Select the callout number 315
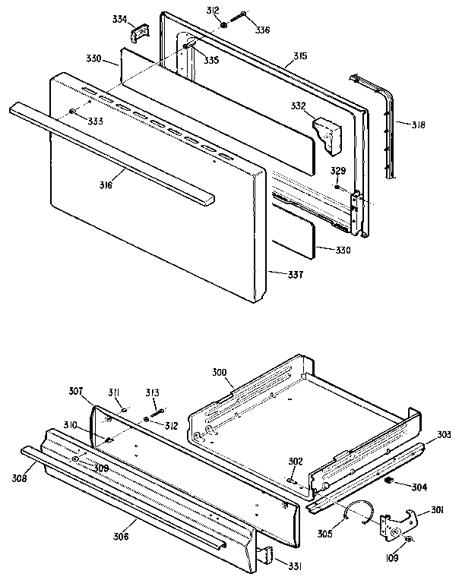(301, 56)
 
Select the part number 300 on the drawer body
(219, 373)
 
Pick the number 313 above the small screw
(153, 392)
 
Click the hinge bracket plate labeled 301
(395, 524)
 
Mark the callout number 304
(419, 486)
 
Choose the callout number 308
(19, 478)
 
